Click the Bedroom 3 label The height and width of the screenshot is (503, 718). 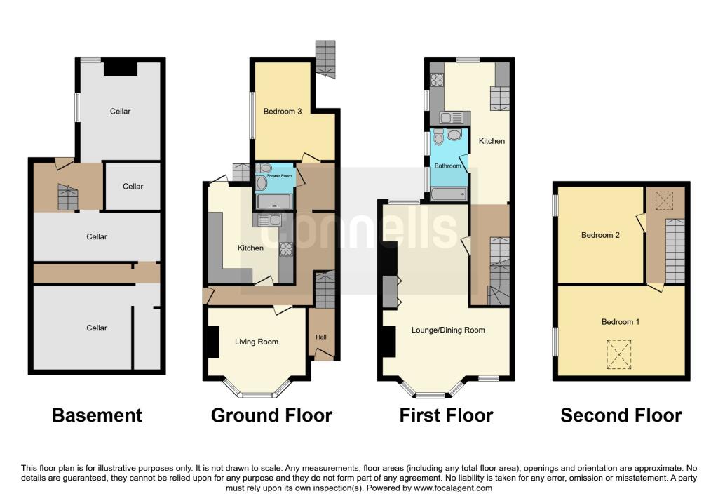[282, 111]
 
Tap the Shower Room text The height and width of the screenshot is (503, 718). [278, 176]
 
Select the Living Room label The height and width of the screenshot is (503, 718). [256, 342]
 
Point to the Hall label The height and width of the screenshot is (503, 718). [321, 337]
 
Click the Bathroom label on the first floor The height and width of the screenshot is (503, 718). [448, 166]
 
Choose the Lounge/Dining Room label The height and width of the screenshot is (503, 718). [447, 330]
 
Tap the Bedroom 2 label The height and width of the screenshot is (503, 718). [600, 235]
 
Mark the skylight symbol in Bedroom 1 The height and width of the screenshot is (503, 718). [618, 354]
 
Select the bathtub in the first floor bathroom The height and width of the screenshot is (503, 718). [449, 194]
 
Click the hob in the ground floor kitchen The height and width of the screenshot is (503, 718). [286, 248]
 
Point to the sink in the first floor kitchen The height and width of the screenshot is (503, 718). [451, 117]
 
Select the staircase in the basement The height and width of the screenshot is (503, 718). [66, 197]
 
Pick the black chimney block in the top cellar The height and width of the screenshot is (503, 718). [120, 67]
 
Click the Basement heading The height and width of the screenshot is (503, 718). [97, 415]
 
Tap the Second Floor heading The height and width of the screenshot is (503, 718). [621, 415]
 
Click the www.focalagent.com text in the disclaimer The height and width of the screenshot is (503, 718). [452, 488]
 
